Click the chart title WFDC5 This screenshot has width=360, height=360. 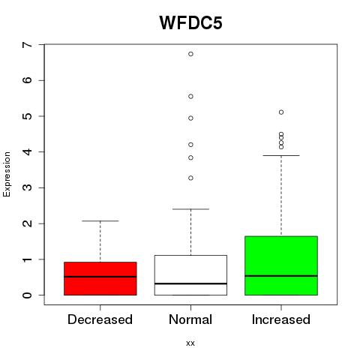click(x=190, y=22)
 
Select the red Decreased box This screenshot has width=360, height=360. click(x=100, y=278)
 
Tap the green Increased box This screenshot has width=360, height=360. click(x=281, y=265)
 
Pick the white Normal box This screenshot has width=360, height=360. click(x=190, y=275)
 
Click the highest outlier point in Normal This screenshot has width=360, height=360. click(x=190, y=54)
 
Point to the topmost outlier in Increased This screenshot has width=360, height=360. click(x=281, y=112)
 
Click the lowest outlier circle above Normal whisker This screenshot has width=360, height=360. click(x=190, y=178)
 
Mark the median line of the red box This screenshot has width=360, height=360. click(x=100, y=277)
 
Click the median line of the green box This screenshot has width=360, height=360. click(x=281, y=276)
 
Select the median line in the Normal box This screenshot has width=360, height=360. click(x=190, y=283)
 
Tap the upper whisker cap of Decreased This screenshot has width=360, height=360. click(x=100, y=221)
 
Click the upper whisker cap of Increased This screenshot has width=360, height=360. click(x=281, y=155)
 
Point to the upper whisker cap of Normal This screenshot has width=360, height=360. click(x=190, y=209)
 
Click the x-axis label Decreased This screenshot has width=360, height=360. click(x=100, y=319)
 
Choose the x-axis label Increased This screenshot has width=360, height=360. click(x=281, y=319)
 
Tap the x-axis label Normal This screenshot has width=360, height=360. click(x=190, y=319)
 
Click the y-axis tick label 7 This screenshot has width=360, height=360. click(x=27, y=45)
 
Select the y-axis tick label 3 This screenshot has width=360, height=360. click(x=27, y=187)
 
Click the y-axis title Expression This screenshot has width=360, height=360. click(x=7, y=174)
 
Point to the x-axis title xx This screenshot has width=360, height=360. click(x=190, y=343)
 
